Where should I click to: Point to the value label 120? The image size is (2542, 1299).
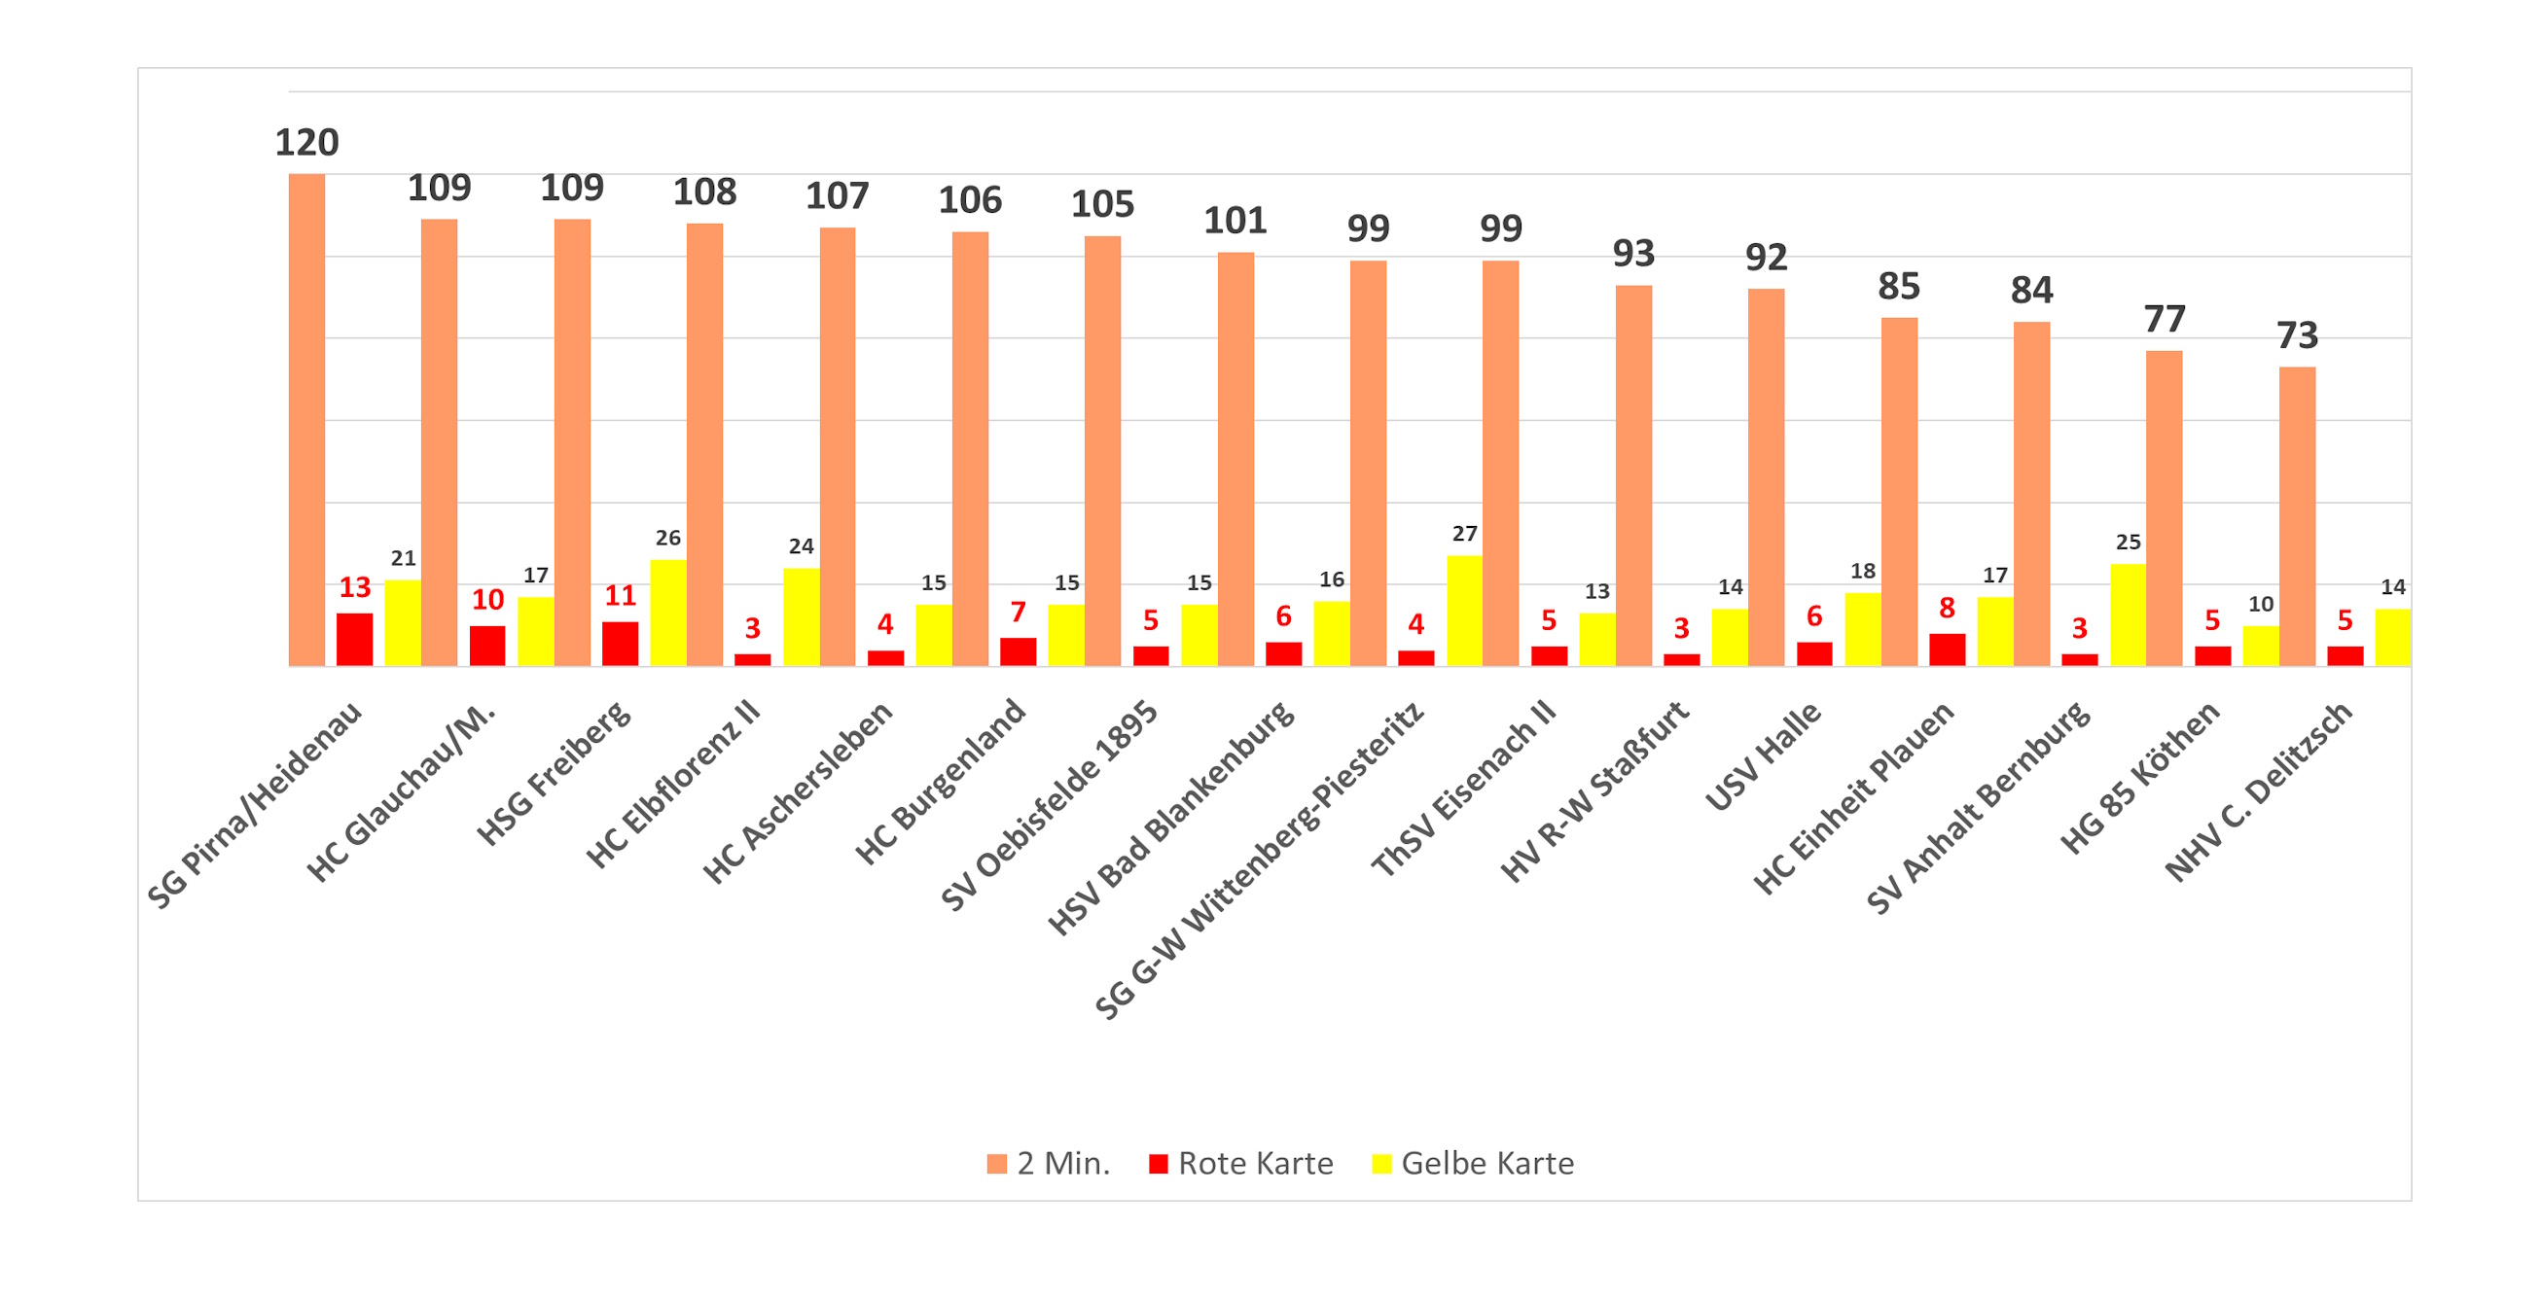coord(305,143)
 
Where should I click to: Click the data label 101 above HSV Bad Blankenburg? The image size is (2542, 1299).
coord(1235,221)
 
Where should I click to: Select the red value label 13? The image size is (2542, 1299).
coord(354,588)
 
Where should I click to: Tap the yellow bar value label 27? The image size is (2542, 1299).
coord(1464,534)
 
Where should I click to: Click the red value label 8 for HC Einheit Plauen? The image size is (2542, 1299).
coord(1946,608)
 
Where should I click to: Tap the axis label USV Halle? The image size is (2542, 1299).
coord(1763,755)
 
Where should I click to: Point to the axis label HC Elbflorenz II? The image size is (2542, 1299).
coord(673,784)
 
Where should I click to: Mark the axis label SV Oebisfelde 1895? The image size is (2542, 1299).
coord(1048,805)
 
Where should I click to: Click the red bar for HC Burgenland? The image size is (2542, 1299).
coord(1018,651)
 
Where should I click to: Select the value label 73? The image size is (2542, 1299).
coord(2296,336)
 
